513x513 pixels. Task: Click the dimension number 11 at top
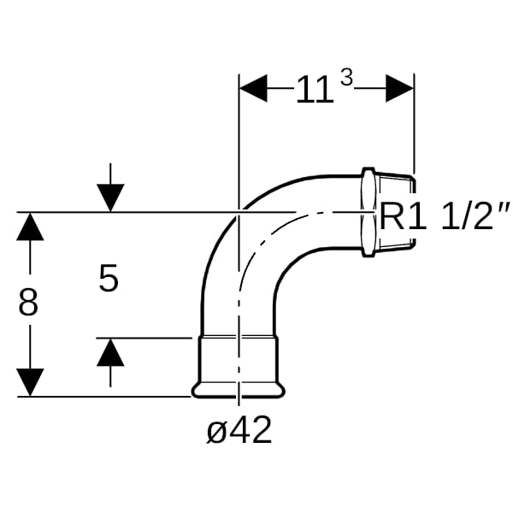click(x=315, y=90)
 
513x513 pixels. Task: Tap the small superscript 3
click(x=346, y=78)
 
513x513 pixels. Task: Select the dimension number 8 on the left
click(x=28, y=303)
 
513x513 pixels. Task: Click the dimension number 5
click(x=109, y=279)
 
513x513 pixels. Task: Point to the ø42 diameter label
click(x=239, y=430)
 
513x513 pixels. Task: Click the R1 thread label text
click(x=403, y=216)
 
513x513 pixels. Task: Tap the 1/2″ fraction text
click(x=475, y=215)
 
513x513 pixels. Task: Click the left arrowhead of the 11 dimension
click(x=253, y=88)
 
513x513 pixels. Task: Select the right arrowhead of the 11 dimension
click(x=400, y=88)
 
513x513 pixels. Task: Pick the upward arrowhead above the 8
click(x=30, y=227)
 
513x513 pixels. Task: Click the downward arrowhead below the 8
click(x=30, y=382)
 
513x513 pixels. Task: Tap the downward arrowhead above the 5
click(x=110, y=198)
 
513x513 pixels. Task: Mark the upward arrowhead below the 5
click(x=110, y=352)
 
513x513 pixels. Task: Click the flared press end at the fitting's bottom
click(x=239, y=390)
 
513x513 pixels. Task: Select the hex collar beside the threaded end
click(x=369, y=212)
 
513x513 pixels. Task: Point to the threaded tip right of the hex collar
click(x=397, y=212)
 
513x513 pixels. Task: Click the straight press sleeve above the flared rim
click(x=239, y=360)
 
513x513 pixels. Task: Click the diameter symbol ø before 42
click(x=216, y=432)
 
